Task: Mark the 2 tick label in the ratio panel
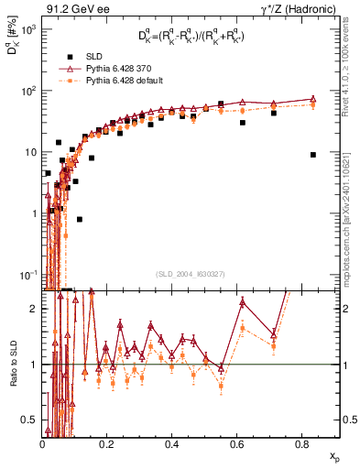35,309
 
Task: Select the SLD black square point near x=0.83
313,155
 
